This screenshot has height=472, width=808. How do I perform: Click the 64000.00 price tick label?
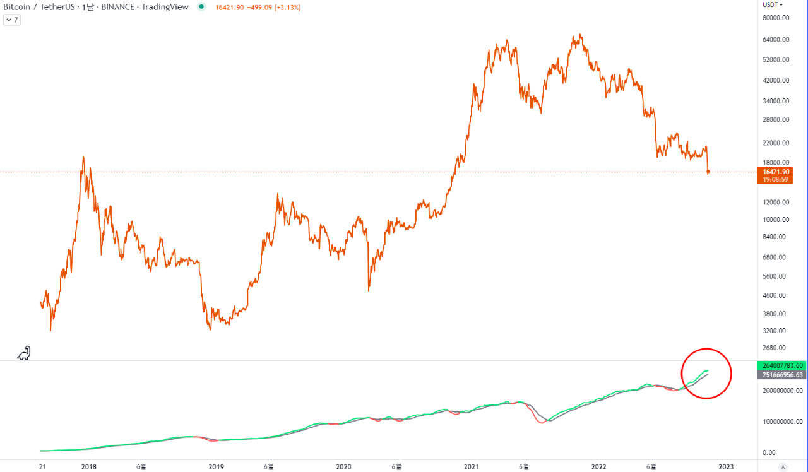[777, 40]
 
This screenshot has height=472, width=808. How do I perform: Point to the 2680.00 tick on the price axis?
[776, 348]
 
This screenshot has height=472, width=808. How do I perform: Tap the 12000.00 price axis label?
[777, 203]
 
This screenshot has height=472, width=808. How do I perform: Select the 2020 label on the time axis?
[343, 467]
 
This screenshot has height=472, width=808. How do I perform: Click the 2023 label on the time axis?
[726, 467]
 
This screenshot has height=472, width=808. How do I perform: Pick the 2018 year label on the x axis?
[89, 467]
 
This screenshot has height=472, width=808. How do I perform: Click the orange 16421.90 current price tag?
[775, 172]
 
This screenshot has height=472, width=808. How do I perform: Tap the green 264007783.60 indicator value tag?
[782, 366]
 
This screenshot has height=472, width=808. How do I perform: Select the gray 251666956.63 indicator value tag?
[782, 375]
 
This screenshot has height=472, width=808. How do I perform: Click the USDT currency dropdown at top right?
[773, 4]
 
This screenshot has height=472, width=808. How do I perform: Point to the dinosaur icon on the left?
[24, 353]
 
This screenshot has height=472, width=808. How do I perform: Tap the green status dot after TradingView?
[201, 7]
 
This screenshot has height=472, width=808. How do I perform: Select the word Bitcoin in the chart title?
[17, 7]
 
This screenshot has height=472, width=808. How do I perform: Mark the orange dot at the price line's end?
[708, 172]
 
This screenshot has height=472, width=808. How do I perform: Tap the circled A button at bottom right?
[783, 467]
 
